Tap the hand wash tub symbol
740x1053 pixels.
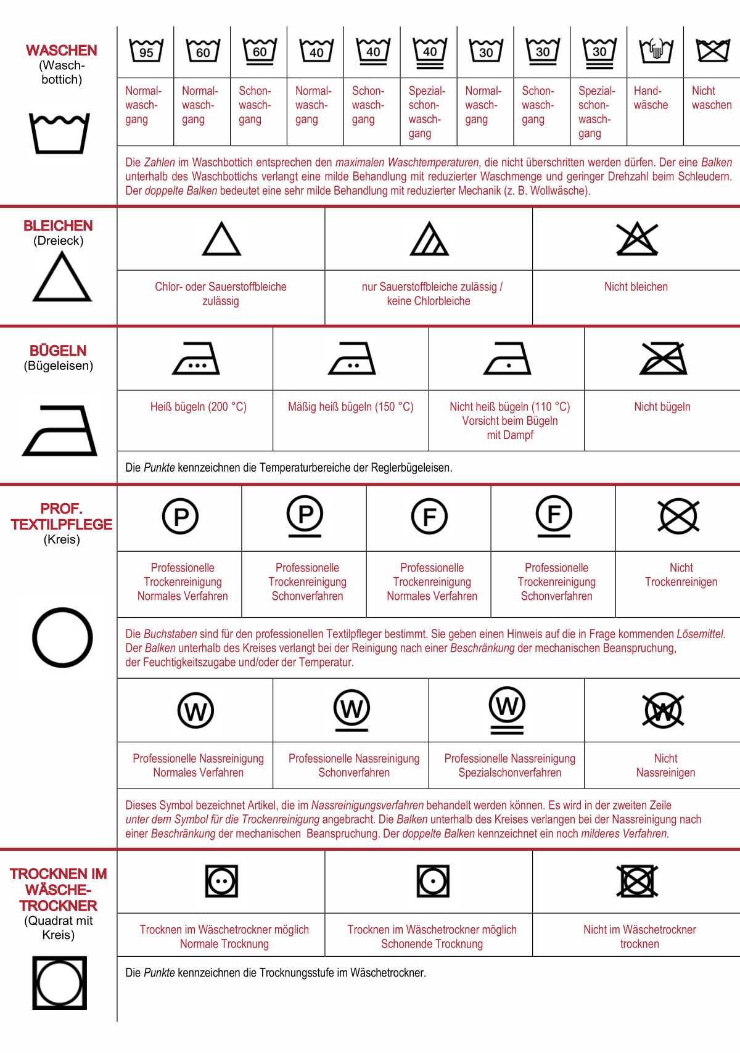pos(656,50)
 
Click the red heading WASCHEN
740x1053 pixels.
pos(61,51)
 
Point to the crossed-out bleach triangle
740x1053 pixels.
pos(637,239)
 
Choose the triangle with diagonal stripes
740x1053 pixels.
pos(429,239)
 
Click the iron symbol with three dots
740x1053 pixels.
pos(196,359)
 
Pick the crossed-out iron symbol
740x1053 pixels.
pos(663,359)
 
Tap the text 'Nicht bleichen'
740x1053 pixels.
pos(636,287)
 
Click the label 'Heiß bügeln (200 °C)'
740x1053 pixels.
pos(198,407)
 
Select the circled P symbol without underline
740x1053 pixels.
pos(180,517)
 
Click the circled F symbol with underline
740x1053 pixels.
pos(554,516)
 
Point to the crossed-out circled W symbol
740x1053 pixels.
pos(663,711)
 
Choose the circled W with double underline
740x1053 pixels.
pos(507,709)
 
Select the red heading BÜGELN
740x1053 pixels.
pos(58,351)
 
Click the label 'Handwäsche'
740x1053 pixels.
pos(651,98)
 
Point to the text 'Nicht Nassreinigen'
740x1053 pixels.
pos(665,765)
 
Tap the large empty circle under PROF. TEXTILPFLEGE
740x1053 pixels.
pos(62,637)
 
